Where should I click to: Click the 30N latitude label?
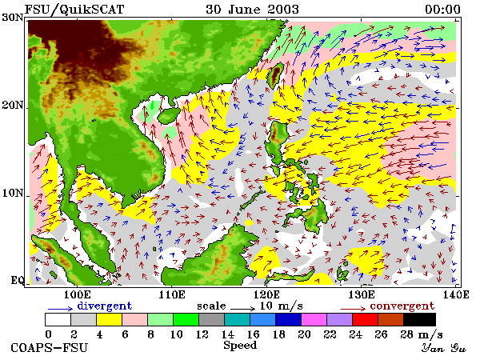click(x=13, y=18)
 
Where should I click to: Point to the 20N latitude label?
click(x=13, y=106)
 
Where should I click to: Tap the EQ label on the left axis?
click(x=18, y=280)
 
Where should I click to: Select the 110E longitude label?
click(x=172, y=294)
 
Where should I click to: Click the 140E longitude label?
click(x=456, y=294)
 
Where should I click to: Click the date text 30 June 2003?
click(x=252, y=9)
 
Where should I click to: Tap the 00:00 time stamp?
click(x=442, y=9)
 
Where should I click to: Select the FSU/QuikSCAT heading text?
click(x=74, y=10)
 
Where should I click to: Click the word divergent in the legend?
click(x=104, y=306)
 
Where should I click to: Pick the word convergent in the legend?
click(x=402, y=306)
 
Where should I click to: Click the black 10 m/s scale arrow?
click(x=242, y=308)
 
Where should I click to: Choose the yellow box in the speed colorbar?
click(x=110, y=319)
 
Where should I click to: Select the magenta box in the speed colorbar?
click(x=314, y=319)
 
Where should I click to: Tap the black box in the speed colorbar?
click(x=420, y=319)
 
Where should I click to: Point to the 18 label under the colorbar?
click(x=278, y=334)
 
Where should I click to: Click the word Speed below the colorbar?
click(x=240, y=346)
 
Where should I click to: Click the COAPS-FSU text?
click(x=49, y=348)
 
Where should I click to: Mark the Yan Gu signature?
click(x=444, y=348)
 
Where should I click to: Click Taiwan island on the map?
click(x=275, y=75)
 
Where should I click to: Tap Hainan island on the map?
click(x=169, y=115)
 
